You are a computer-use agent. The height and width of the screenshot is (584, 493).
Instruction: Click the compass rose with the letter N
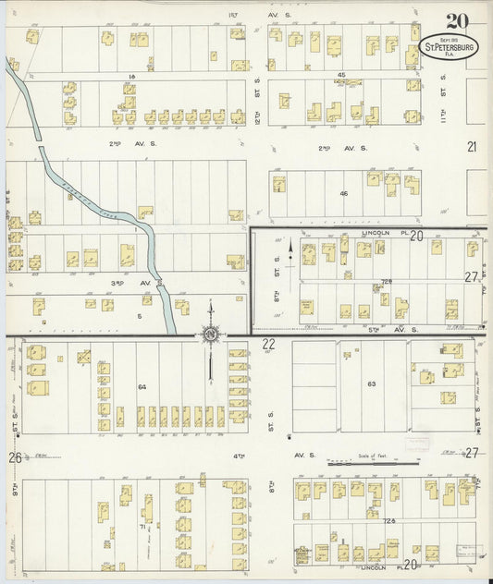(x=211, y=333)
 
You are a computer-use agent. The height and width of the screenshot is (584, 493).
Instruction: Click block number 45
(x=341, y=74)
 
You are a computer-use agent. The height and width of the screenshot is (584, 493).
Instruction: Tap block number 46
(x=343, y=194)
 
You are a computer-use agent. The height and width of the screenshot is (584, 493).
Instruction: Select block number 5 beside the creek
(x=141, y=315)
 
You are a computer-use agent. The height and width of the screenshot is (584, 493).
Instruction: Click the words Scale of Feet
(x=374, y=455)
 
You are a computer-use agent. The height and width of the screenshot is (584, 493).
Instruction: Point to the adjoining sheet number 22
(x=268, y=344)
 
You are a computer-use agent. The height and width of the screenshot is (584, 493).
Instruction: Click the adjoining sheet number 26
(x=15, y=457)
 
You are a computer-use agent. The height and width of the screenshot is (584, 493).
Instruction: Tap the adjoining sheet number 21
(x=472, y=146)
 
